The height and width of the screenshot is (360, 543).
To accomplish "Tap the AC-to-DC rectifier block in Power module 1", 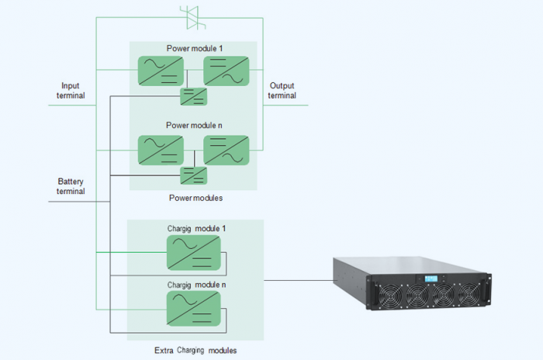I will coord(160,71).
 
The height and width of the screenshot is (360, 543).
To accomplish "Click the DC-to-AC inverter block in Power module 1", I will coord(226,71).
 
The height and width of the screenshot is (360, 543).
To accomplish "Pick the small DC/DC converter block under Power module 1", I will coord(193,96).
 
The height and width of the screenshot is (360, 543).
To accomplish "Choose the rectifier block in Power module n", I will coord(160,149).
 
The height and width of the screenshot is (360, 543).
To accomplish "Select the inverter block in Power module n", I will coord(226,149).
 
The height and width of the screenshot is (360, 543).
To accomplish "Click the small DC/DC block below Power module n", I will coord(193,175).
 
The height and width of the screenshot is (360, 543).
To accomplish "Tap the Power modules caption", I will coord(195,198).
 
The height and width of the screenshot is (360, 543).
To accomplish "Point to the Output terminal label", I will coord(282,91).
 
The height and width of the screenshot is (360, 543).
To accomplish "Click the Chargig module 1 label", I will coord(196,228).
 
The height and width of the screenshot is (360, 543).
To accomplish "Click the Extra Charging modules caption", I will coord(195,350).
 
